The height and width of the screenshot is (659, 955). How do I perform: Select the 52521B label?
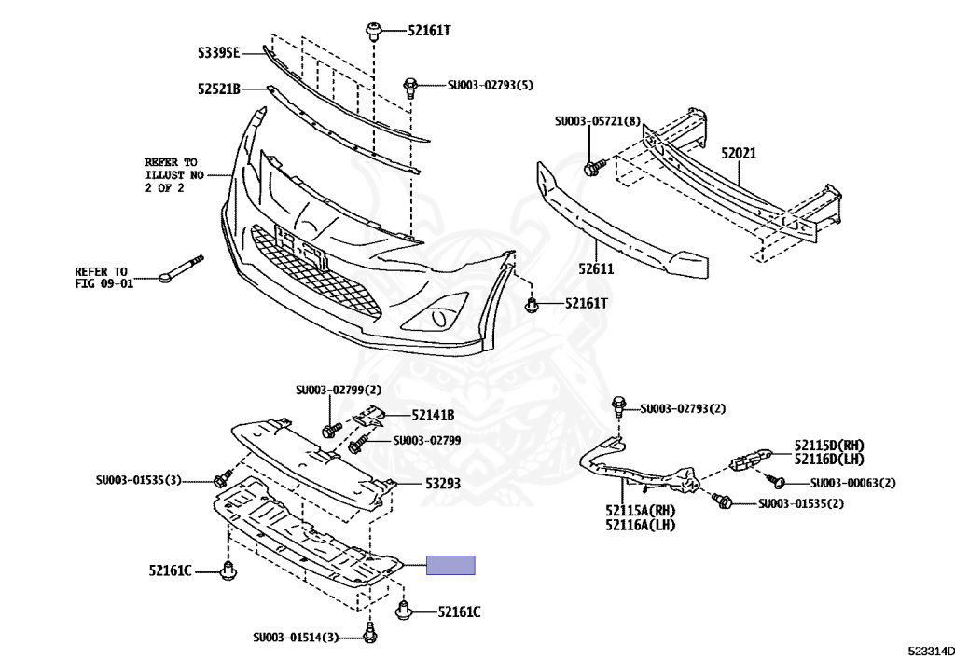(x=219, y=89)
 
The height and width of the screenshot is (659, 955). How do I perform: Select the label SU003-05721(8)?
(x=597, y=121)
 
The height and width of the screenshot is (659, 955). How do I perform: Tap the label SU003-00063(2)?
(x=852, y=483)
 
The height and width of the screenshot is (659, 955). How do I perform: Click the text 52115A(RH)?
(x=640, y=512)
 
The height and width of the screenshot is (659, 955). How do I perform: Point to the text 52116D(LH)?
(x=829, y=459)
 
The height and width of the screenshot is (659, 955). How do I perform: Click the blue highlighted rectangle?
(x=450, y=565)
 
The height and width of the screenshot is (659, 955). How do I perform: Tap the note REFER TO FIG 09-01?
(x=104, y=277)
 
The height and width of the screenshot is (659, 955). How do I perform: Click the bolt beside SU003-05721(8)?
(x=591, y=169)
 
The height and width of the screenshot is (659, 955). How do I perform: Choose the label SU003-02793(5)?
(x=491, y=86)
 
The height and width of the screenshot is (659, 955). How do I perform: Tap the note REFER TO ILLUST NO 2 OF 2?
(x=172, y=174)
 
